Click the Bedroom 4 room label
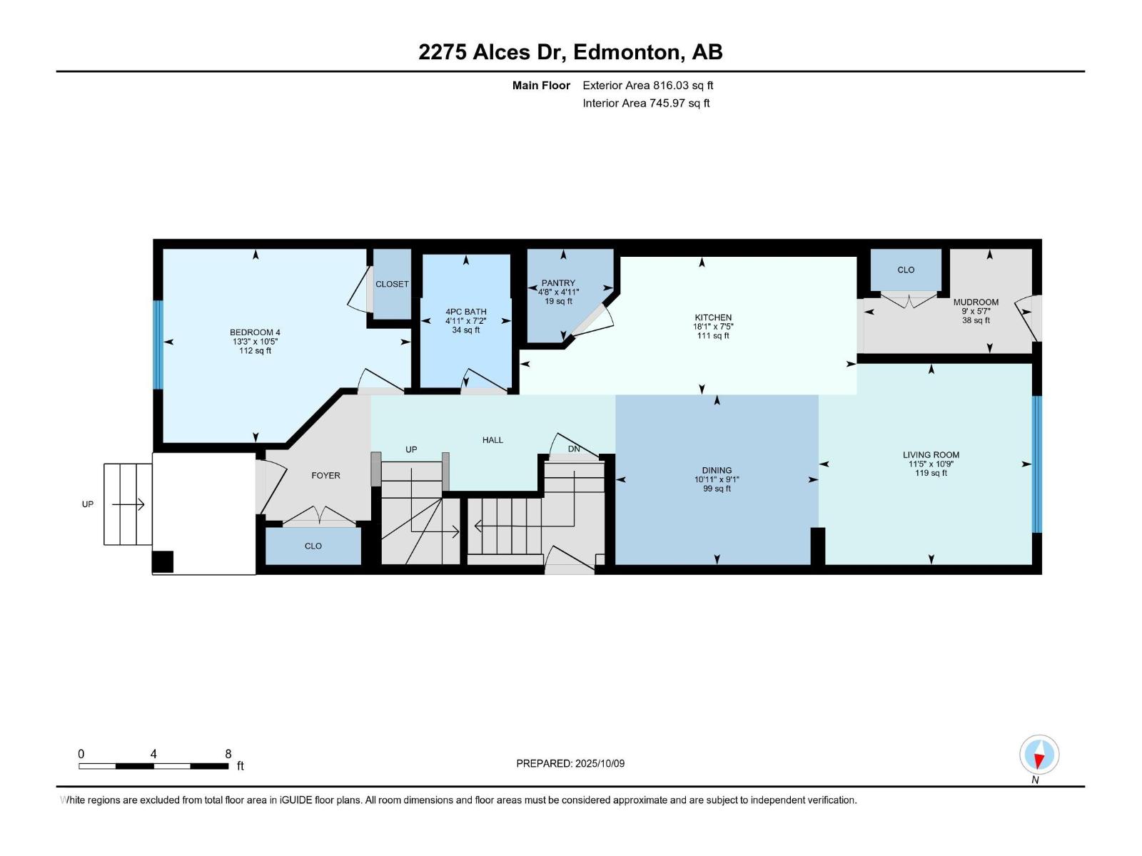[255, 332]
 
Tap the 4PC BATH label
[465, 312]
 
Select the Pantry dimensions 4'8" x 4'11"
[558, 292]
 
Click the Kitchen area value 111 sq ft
[713, 336]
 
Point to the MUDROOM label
[976, 302]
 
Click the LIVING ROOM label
[931, 454]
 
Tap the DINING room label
[717, 470]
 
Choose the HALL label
[492, 440]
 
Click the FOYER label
[325, 475]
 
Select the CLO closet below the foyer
[313, 546]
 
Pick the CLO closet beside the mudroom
[906, 270]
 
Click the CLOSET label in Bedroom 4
[392, 284]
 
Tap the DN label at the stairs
[574, 449]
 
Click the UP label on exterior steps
[88, 504]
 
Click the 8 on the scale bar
[228, 754]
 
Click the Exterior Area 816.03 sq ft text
[647, 86]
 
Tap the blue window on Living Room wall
[1037, 464]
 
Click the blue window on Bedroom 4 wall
[158, 345]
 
